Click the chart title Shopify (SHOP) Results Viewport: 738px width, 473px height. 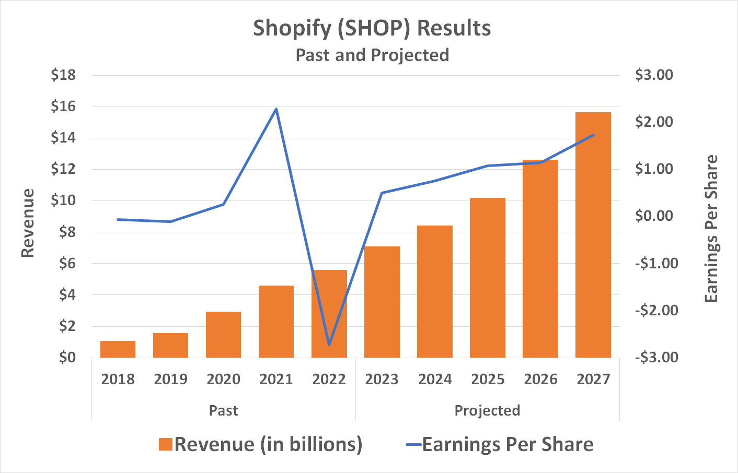coord(372,28)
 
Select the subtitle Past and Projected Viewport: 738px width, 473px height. coord(372,55)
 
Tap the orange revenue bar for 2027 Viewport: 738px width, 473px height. coord(593,235)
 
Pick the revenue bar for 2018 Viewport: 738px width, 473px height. coord(118,349)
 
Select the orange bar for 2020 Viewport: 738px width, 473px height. coord(223,335)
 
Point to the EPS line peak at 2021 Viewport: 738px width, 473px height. coord(276,109)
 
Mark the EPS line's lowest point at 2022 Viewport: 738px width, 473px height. coord(329,345)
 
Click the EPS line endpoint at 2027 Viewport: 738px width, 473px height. coord(594,135)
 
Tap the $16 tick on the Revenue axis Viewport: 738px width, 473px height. coord(63,107)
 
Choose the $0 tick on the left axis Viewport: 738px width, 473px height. coord(67,358)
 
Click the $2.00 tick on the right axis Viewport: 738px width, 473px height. coord(654,122)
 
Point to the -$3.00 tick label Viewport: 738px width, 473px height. coord(656,358)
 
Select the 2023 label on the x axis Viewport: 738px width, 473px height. coord(382,379)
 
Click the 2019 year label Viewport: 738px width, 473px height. coord(170,379)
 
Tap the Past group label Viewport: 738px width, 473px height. coord(223,410)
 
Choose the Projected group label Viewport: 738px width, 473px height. coord(487,410)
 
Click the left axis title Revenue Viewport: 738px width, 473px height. coord(28,223)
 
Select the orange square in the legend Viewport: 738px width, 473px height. coord(166,444)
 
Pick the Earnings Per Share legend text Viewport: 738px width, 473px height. coord(508,444)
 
